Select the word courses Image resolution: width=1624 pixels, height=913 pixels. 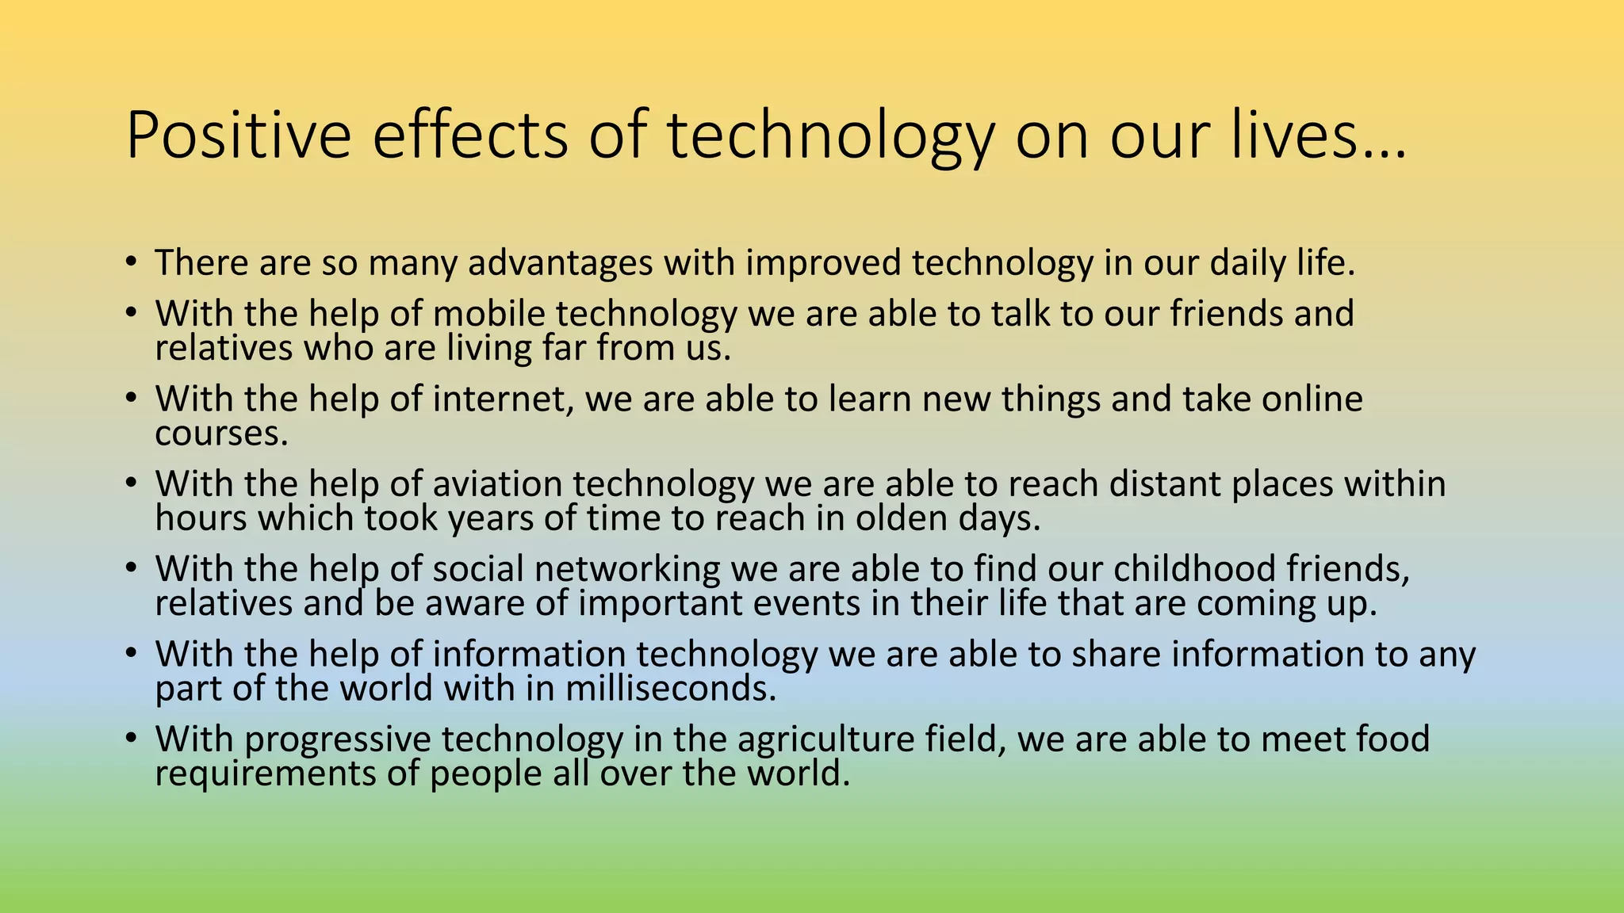click(221, 434)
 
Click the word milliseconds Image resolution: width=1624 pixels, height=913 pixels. click(670, 688)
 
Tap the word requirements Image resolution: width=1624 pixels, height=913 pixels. click(265, 774)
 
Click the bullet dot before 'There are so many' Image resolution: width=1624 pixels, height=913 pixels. click(131, 262)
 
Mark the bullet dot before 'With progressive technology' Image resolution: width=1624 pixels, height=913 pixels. click(131, 738)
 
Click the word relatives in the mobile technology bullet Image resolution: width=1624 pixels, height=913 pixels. click(224, 349)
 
